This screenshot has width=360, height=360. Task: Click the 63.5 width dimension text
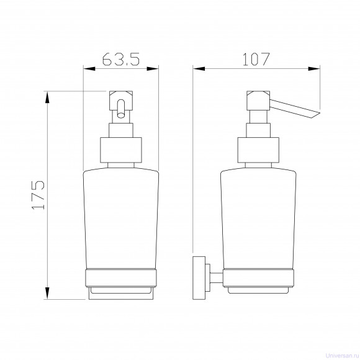[x=121, y=59]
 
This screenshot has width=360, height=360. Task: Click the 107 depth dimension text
[x=256, y=59]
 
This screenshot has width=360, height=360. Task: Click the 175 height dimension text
[x=38, y=195]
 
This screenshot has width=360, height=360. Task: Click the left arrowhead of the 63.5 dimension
[x=89, y=69]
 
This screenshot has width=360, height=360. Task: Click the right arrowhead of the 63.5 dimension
[x=153, y=69]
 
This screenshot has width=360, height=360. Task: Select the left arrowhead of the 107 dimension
[x=199, y=69]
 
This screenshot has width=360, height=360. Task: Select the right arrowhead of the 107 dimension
[x=314, y=69]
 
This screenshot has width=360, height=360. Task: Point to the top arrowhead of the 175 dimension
[x=47, y=97]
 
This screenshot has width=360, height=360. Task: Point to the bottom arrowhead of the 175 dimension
[x=47, y=293]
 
